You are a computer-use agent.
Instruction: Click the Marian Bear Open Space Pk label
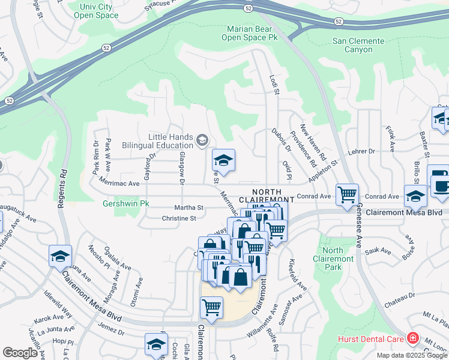pos(252,33)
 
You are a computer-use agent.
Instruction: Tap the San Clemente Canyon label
pos(359,45)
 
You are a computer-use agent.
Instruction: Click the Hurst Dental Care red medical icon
pos(412,339)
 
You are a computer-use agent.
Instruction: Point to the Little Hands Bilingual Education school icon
pos(202,141)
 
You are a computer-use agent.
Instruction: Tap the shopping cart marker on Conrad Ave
pos(347,195)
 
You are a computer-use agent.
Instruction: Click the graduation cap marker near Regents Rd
pos(60,256)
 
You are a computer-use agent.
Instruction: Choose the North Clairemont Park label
pos(333,256)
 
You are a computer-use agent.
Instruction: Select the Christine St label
pos(179,218)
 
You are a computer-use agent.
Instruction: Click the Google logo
pos(20,353)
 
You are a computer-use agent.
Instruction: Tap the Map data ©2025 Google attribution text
pos(412,355)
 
